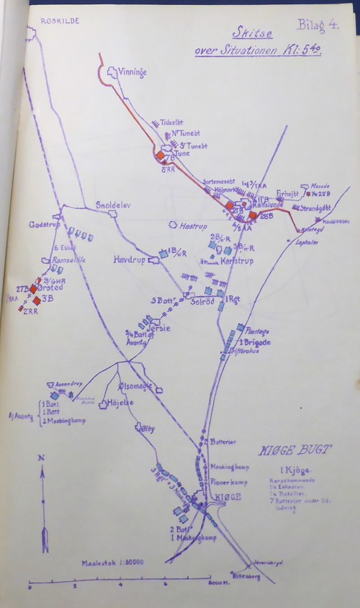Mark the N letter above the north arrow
42,458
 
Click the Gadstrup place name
42,225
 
